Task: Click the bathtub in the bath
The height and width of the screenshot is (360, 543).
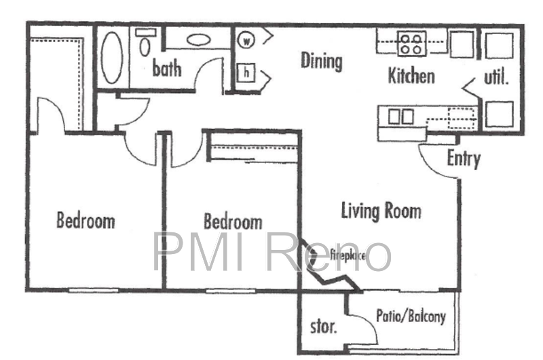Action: point(112,57)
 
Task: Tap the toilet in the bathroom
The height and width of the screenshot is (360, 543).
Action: point(145,43)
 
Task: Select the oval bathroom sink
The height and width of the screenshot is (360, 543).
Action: point(198,39)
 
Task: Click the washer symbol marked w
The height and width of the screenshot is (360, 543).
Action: point(246,41)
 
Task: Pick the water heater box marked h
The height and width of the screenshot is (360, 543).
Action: point(246,73)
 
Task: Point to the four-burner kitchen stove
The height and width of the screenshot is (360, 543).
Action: point(411,44)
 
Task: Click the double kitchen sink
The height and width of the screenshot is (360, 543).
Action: point(400,116)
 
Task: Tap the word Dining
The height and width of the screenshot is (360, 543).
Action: point(321,62)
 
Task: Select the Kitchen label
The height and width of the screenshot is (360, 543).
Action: point(411,76)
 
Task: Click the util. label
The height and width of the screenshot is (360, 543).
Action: point(496,77)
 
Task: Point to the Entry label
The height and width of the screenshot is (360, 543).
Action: point(464,159)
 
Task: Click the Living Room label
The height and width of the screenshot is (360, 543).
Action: point(381,211)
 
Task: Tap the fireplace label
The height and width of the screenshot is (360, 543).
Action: point(348,255)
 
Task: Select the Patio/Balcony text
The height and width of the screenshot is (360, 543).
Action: point(411,317)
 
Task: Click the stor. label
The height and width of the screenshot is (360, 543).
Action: point(323,327)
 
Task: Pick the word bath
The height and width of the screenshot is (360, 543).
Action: point(166,68)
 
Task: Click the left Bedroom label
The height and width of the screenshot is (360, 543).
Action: point(86,220)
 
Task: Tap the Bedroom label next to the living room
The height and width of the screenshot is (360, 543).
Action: point(233,221)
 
